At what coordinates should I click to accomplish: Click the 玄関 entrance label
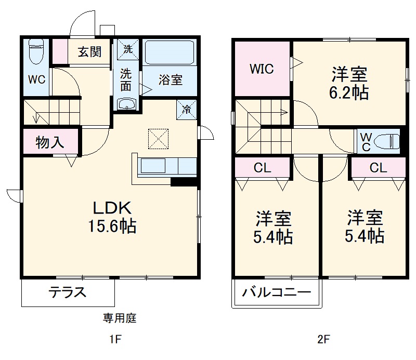tap(90, 52)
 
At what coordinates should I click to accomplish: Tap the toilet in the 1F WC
tap(36, 51)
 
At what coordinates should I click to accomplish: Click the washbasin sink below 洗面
tap(126, 105)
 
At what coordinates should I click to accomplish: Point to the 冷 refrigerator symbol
tap(187, 110)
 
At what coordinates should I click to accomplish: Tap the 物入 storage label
tap(50, 142)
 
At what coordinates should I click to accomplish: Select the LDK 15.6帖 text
tap(114, 217)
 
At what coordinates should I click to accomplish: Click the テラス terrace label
tap(67, 292)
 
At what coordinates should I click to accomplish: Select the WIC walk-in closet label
tap(262, 69)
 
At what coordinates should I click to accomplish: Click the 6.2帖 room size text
tap(350, 93)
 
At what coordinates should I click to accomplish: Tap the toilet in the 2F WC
tap(388, 141)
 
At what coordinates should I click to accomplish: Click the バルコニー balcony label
tap(276, 292)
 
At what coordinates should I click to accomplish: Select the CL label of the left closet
tap(262, 168)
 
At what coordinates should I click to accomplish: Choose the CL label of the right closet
tap(378, 168)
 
